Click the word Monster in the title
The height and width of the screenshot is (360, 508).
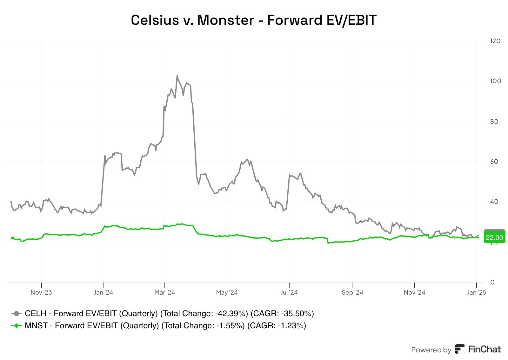[226, 20]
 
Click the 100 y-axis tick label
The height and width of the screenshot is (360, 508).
[495, 81]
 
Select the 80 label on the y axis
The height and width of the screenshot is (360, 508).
[494, 122]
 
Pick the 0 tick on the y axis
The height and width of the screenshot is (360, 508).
[492, 282]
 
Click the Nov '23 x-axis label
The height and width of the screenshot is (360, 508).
[41, 292]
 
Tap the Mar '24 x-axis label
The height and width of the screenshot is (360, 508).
[164, 292]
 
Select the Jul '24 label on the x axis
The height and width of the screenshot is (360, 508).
[289, 292]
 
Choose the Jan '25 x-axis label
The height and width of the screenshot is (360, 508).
[477, 292]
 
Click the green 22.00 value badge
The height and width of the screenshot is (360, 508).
[494, 238]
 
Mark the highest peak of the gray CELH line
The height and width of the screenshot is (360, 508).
[177, 76]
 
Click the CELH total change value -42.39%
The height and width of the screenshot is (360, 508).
[231, 314]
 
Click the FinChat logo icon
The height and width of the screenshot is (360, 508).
[459, 349]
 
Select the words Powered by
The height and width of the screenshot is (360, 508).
[431, 350]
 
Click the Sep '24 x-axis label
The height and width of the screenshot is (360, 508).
[352, 292]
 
